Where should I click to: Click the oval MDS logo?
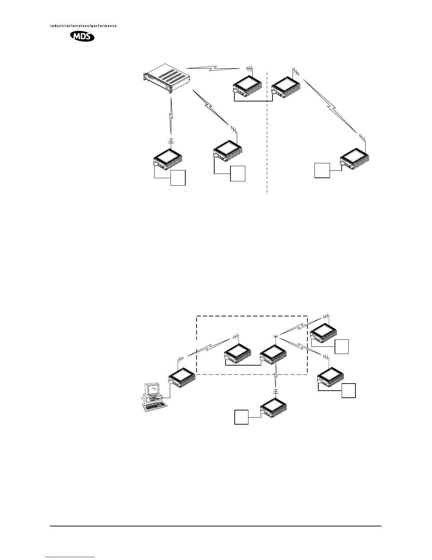[83, 36]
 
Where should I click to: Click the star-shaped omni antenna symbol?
[276, 336]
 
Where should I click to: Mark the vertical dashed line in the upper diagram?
[267, 141]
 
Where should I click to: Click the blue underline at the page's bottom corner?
[70, 557]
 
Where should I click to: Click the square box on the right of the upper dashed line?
[322, 170]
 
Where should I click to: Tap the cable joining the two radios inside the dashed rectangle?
[243, 364]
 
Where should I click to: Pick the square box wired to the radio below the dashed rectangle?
[242, 417]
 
